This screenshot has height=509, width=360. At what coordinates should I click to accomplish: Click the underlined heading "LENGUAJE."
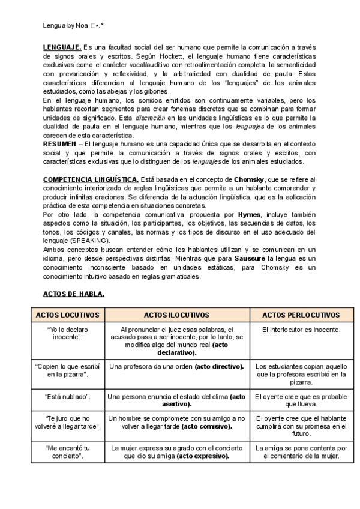[x=62, y=47]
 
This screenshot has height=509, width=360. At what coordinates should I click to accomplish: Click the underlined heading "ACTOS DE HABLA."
[x=74, y=294]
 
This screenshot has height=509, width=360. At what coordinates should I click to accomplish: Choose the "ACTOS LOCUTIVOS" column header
[x=67, y=315]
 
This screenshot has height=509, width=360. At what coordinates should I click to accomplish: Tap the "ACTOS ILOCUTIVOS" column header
[x=176, y=315]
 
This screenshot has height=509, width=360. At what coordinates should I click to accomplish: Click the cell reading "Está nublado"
[x=67, y=397]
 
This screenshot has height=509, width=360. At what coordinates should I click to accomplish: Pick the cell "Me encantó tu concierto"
[x=67, y=451]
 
